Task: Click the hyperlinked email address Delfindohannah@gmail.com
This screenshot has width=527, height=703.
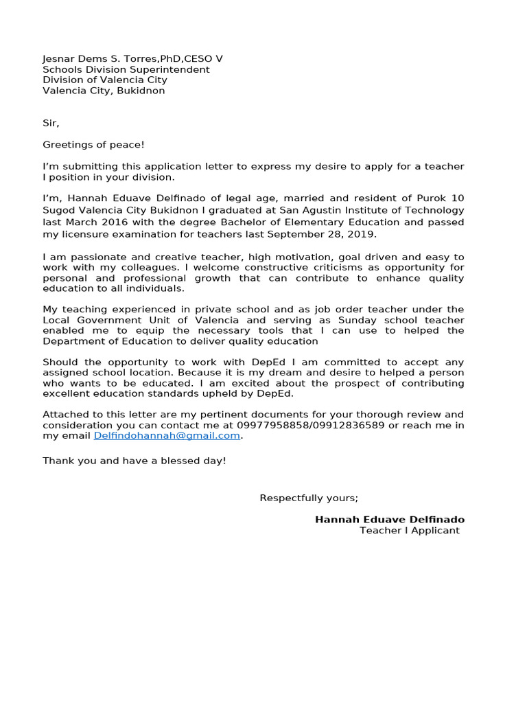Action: tap(167, 435)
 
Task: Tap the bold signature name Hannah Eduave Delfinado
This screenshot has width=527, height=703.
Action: tap(389, 520)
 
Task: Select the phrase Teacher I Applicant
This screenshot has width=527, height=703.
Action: tap(409, 531)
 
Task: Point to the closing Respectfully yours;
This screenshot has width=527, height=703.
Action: tap(308, 498)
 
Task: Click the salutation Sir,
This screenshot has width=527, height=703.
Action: tap(51, 123)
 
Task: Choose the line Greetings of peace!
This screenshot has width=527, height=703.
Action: tap(93, 144)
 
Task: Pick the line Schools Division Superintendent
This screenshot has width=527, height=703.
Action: tap(126, 69)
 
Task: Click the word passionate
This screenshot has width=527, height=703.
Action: tap(87, 257)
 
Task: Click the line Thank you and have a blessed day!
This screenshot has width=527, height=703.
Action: tap(134, 460)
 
